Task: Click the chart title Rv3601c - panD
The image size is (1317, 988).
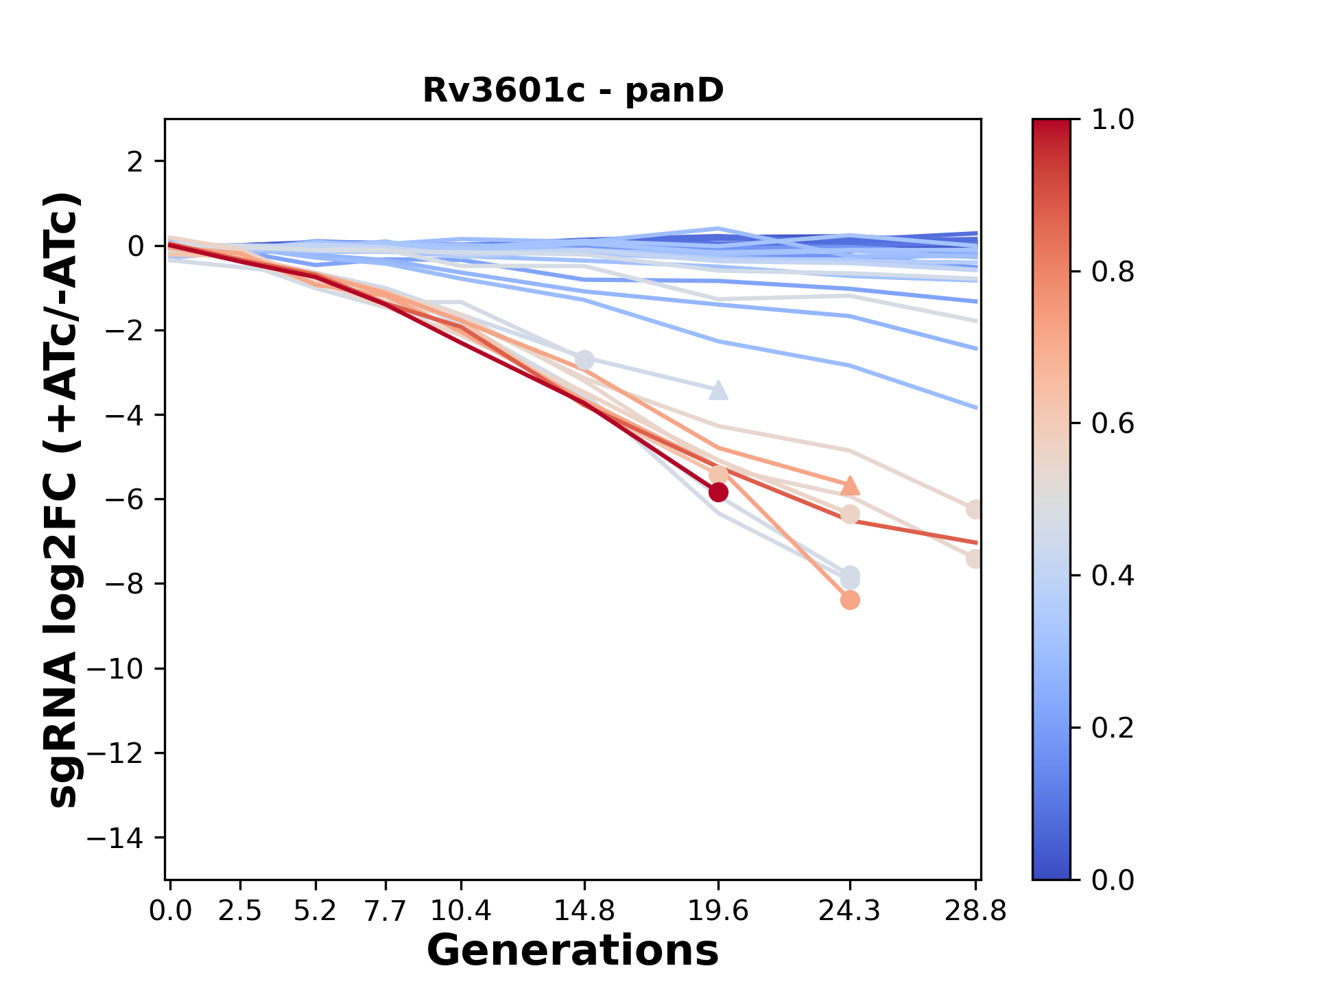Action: [x=573, y=91]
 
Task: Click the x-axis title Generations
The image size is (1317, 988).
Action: [x=573, y=951]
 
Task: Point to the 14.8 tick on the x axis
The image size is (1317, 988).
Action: [x=584, y=911]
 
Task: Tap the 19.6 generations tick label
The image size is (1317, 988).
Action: [x=718, y=911]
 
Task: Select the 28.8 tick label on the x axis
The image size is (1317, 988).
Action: [x=975, y=911]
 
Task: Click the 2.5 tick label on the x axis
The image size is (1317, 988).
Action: [x=240, y=911]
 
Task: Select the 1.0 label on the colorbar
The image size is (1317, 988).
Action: [x=1113, y=120]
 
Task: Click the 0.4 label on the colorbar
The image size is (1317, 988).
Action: [x=1113, y=576]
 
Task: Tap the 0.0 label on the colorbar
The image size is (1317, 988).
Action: [x=1113, y=880]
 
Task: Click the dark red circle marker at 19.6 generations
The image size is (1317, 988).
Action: [x=718, y=492]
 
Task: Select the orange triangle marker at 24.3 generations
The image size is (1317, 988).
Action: [x=850, y=486]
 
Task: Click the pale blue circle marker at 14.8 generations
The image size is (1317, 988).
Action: [x=584, y=360]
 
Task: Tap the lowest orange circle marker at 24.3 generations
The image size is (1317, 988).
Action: [x=850, y=600]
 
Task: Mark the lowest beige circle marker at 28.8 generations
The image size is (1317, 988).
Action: [x=975, y=558]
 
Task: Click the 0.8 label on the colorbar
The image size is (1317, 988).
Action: [x=1113, y=272]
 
